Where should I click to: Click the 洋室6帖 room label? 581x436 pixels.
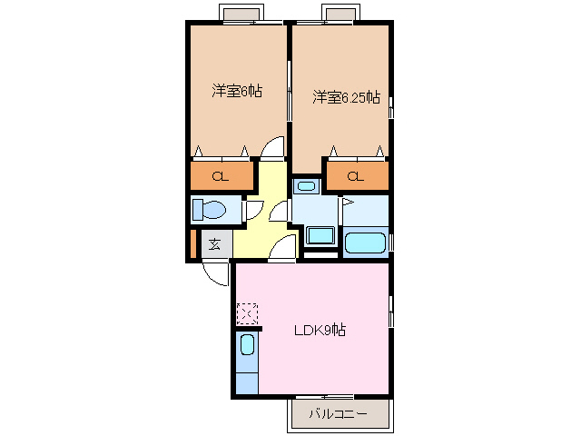(x=237, y=91)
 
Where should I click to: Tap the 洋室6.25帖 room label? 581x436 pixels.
(x=346, y=97)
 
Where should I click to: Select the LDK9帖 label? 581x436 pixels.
(x=320, y=330)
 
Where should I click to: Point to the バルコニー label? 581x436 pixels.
(x=338, y=413)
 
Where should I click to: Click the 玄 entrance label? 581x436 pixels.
(x=215, y=244)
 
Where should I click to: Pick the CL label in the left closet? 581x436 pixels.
(x=221, y=176)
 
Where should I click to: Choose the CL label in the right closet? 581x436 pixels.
(x=355, y=176)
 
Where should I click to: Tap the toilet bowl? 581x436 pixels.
(x=210, y=210)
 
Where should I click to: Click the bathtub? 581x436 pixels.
(x=365, y=243)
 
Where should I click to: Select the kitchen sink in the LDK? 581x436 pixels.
(x=247, y=345)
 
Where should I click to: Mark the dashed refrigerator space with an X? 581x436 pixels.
(x=247, y=314)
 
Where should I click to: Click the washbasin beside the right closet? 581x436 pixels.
(x=306, y=186)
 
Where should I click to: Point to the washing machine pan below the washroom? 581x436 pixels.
(x=320, y=236)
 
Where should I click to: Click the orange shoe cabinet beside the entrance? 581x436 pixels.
(x=192, y=243)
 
